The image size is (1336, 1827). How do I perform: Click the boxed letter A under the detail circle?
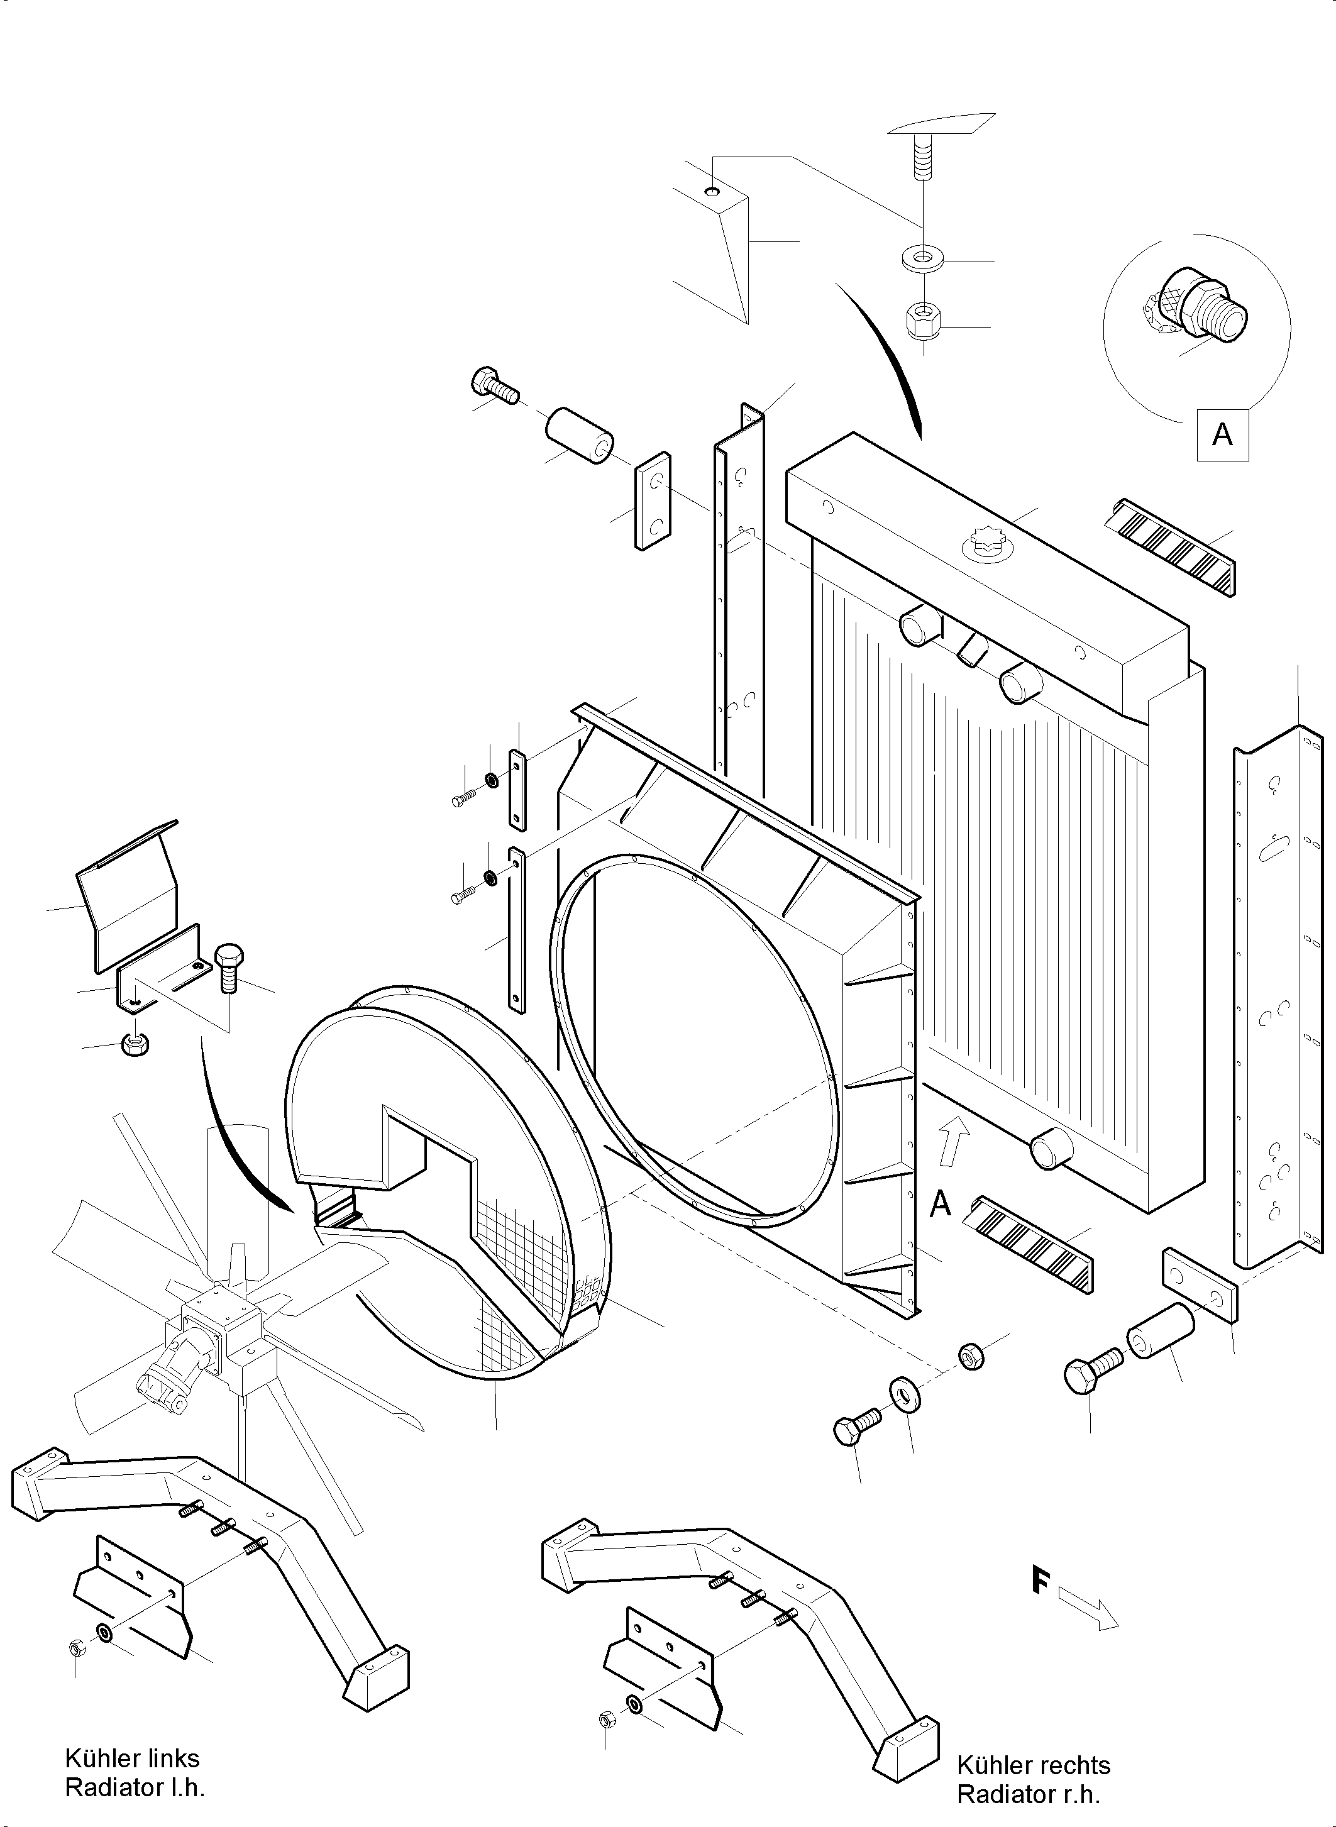pos(1222,435)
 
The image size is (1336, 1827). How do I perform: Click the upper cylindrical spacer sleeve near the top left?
pos(579,436)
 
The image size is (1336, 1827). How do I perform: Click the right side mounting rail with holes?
pos(1274,995)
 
